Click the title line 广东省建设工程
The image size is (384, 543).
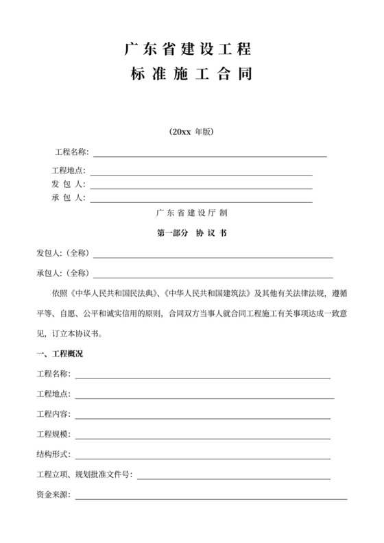click(x=189, y=49)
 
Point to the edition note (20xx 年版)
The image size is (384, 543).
click(x=191, y=132)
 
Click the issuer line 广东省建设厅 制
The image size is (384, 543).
click(x=192, y=213)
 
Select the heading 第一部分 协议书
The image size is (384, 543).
click(x=192, y=233)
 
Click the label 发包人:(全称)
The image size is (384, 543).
click(x=63, y=253)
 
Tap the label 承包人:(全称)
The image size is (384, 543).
click(x=63, y=273)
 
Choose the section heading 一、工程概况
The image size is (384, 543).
click(x=60, y=354)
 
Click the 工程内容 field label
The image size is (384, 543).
click(x=53, y=415)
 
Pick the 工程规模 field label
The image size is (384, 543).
click(x=53, y=435)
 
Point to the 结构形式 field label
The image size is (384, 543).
click(x=53, y=455)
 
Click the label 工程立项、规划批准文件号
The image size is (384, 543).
click(x=84, y=474)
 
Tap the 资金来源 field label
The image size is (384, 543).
click(x=53, y=494)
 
